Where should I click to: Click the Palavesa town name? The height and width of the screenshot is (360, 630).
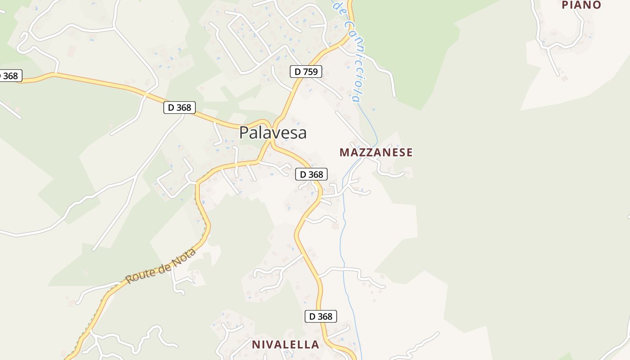(x=273, y=133)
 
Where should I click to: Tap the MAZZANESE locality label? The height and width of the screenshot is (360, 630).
(x=376, y=153)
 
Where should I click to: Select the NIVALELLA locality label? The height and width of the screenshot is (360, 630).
(x=285, y=345)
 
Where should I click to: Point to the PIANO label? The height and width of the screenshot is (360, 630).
(x=581, y=5)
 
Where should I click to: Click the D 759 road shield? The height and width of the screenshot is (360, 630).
(x=306, y=72)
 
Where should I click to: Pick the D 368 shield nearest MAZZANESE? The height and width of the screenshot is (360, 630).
(x=311, y=174)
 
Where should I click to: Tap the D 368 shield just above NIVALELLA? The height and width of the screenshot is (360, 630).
(x=320, y=316)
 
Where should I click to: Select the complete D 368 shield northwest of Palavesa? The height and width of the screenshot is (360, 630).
(x=179, y=108)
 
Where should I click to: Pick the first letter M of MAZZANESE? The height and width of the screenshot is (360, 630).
(x=344, y=153)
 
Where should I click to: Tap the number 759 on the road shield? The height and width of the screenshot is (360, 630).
(x=310, y=72)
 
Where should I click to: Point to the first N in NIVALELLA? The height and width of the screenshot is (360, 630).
(x=256, y=345)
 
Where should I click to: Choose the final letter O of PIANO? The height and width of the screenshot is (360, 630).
(x=597, y=5)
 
